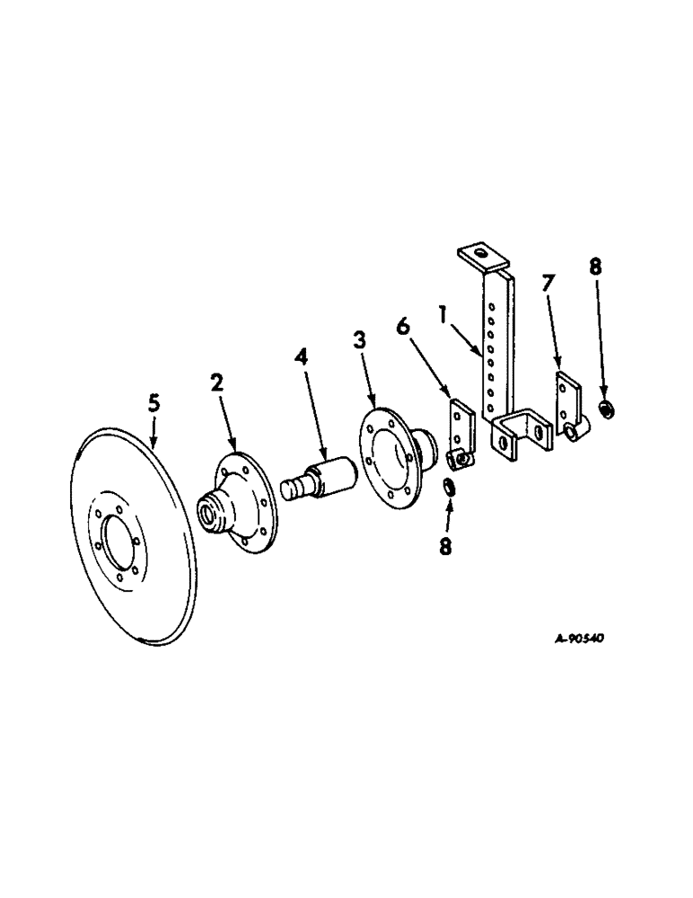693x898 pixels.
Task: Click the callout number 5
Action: (x=154, y=404)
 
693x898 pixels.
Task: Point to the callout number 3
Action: (x=359, y=341)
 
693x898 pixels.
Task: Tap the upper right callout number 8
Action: (x=596, y=267)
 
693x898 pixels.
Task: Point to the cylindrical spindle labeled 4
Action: (x=323, y=475)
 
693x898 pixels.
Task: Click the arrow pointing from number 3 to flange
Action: (x=367, y=376)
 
